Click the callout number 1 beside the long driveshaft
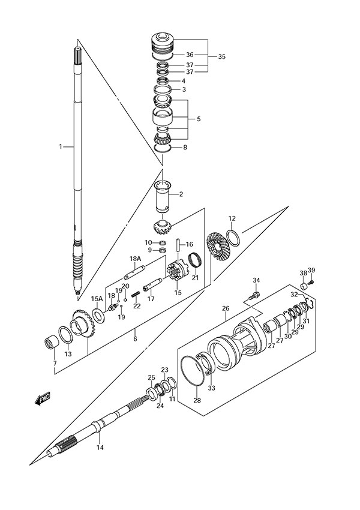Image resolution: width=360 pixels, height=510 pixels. (61, 146)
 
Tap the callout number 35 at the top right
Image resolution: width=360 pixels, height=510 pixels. (222, 56)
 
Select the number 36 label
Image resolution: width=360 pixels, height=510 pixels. (190, 55)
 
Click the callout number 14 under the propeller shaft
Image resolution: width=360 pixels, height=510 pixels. (100, 447)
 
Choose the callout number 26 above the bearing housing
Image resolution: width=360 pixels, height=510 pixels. (226, 310)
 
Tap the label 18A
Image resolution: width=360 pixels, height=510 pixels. (135, 259)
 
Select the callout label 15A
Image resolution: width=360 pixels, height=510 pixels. (97, 298)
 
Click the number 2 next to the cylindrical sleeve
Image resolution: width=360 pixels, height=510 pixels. (181, 194)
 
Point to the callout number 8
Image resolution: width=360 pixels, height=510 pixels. (185, 147)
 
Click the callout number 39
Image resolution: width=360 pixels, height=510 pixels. (311, 270)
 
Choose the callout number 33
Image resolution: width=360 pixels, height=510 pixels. (211, 388)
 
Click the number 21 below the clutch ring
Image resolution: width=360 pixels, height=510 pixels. (195, 277)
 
